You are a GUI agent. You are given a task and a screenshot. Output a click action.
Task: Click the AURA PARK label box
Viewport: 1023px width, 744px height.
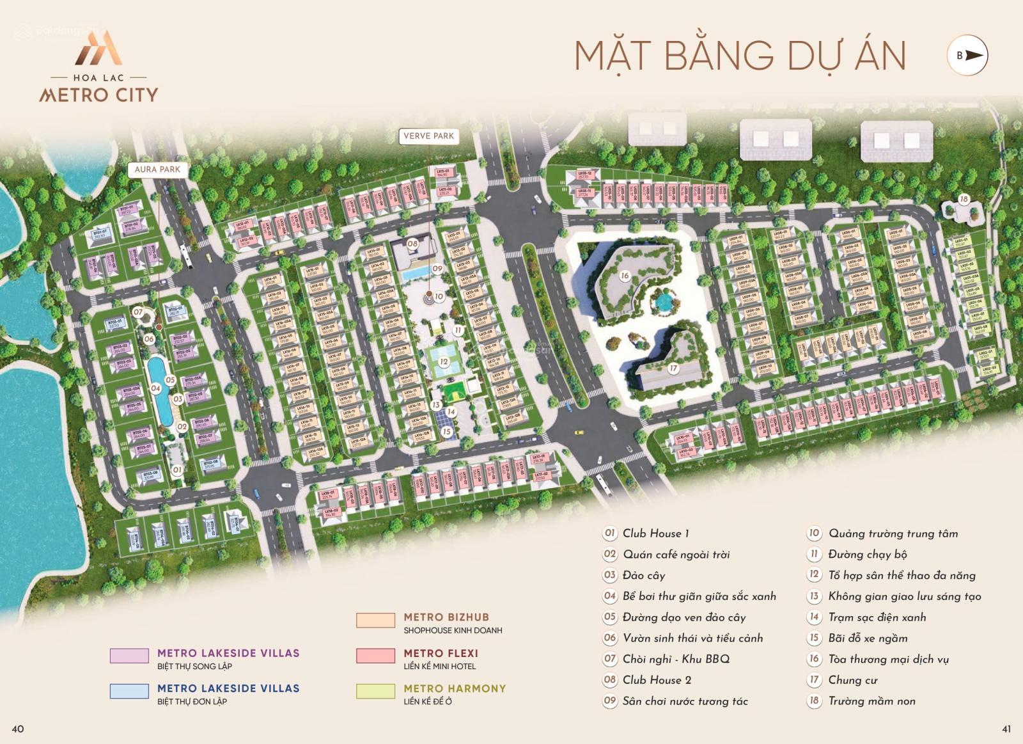(157, 170)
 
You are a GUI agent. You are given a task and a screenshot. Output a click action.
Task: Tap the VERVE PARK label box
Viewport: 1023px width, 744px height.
(428, 136)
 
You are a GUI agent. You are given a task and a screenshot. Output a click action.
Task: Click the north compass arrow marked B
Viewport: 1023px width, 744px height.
(967, 56)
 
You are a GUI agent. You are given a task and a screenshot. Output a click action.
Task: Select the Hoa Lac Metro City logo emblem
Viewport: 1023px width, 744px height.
(98, 49)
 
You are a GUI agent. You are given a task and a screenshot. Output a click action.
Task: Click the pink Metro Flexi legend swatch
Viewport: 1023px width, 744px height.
(375, 656)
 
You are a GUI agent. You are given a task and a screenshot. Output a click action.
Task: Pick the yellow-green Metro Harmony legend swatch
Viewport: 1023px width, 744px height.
(375, 691)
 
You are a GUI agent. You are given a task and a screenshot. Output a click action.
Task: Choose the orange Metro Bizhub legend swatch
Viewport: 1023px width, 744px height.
(375, 620)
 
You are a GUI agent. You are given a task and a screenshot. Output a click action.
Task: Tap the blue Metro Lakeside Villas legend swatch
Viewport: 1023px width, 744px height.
(129, 691)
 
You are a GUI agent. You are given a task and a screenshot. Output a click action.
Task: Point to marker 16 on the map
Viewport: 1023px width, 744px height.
(625, 276)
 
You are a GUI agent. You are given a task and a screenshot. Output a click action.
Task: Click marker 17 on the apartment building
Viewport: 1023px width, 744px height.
(673, 368)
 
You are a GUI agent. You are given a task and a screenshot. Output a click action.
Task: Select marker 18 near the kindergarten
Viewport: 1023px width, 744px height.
(964, 199)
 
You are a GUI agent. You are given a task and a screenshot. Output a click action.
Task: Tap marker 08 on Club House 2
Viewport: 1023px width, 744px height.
(412, 244)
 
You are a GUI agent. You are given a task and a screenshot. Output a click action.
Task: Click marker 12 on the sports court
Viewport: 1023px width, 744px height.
(444, 361)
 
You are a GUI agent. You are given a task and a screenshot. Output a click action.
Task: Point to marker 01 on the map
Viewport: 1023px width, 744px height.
(177, 470)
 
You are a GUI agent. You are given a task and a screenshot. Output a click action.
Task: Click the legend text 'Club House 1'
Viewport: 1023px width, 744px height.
(655, 534)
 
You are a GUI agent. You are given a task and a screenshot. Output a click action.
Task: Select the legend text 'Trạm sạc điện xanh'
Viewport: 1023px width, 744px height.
(877, 617)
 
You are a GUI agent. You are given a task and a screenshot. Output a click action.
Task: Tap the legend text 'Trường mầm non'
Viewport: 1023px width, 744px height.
(871, 701)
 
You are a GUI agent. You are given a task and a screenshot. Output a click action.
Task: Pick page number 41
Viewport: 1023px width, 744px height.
(1006, 729)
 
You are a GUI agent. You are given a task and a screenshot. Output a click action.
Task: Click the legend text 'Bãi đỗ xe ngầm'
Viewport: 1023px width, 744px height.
(868, 638)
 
